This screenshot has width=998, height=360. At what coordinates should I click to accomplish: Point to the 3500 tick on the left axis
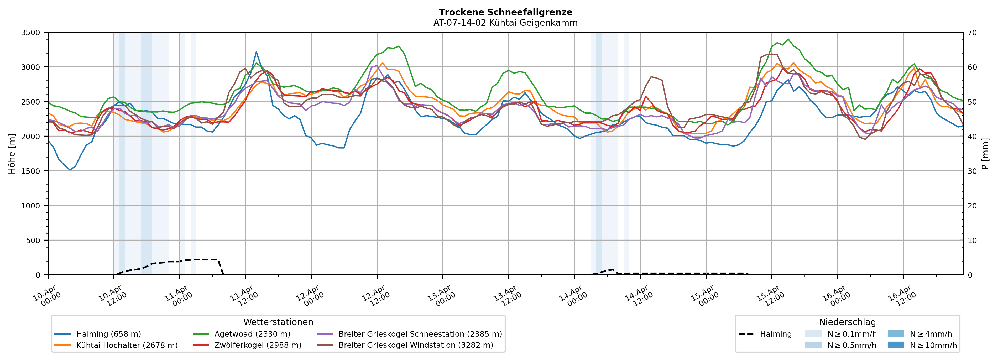[31, 33]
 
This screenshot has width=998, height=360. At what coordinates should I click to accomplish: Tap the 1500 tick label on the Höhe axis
[31, 171]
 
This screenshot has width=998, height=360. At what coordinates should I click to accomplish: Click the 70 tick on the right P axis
[973, 33]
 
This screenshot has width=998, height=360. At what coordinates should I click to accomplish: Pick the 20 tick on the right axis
[973, 206]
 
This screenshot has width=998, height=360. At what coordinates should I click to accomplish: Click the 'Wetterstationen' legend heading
[278, 322]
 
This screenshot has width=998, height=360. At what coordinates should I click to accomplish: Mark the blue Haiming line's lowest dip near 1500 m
[70, 170]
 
